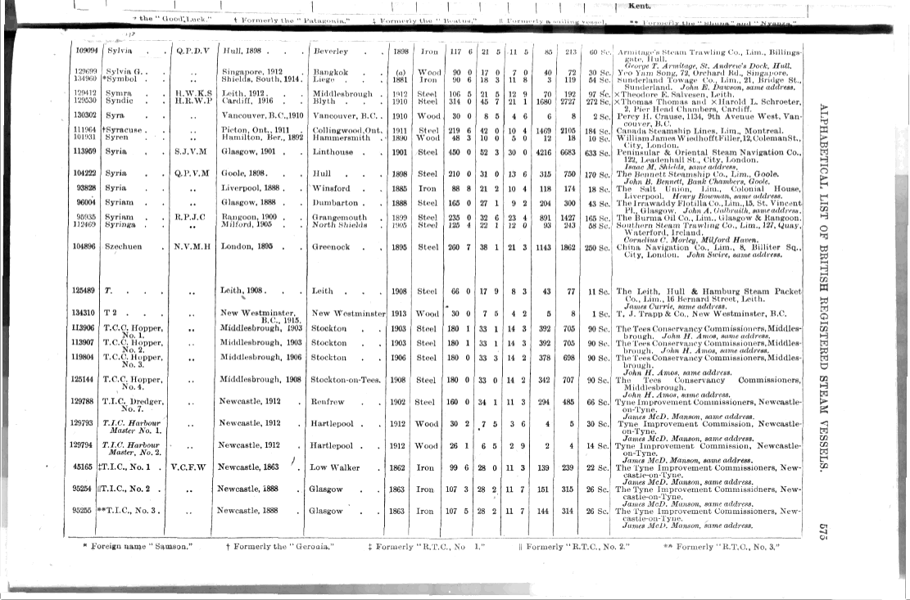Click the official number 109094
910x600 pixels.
tap(85, 51)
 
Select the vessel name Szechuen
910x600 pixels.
tap(124, 246)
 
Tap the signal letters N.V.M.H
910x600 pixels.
tap(192, 246)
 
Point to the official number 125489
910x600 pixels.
tap(85, 291)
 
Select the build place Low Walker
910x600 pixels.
tap(334, 467)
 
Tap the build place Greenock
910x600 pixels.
tap(332, 246)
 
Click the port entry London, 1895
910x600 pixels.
tap(248, 246)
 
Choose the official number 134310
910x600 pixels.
tap(85, 314)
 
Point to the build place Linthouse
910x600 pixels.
tap(334, 151)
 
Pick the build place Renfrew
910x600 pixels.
tap(328, 402)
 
